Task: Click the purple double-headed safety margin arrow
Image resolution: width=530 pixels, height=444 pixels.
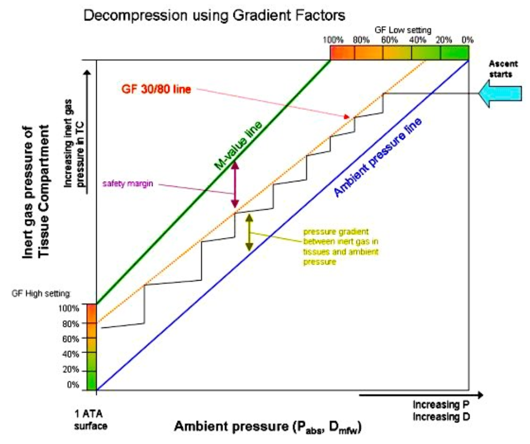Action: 236,184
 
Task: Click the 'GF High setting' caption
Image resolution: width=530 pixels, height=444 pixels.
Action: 40,293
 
